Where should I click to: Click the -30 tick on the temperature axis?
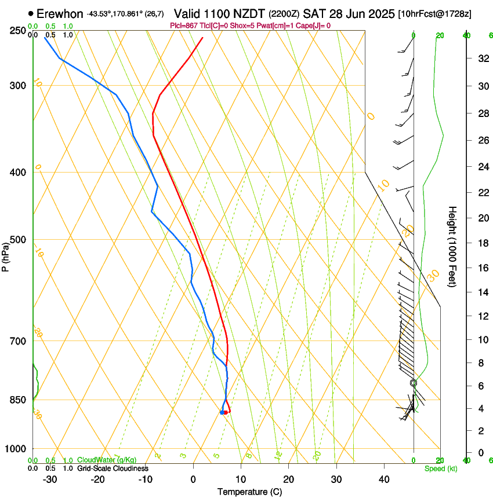50,479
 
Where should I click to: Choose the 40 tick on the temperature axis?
383,479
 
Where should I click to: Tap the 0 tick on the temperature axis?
193,479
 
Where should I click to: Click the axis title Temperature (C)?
249,492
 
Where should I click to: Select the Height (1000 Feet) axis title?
452,246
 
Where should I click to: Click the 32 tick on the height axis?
482,58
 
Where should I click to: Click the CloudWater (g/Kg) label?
107,460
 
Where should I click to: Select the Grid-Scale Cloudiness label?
113,468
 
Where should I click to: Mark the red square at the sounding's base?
225,412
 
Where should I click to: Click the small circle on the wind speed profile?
414,383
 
